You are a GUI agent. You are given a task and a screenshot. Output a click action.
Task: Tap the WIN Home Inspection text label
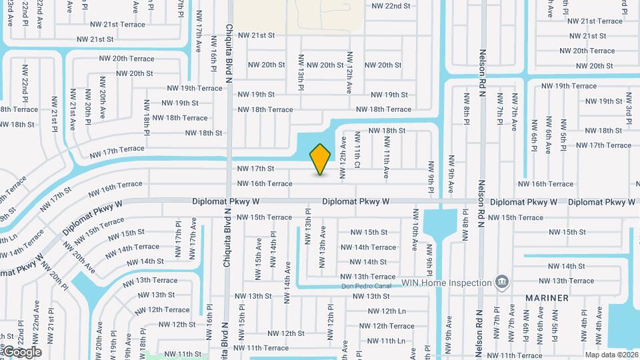pyautogui.click(x=446, y=283)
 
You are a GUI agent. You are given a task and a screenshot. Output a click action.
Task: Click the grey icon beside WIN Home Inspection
pyautogui.click(x=502, y=282)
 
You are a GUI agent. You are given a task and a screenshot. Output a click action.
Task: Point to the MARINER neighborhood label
pyautogui.click(x=547, y=298)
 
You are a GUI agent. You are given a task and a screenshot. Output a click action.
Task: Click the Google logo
pyautogui.click(x=21, y=352)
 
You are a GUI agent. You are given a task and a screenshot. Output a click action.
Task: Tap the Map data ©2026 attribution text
pyautogui.click(x=611, y=355)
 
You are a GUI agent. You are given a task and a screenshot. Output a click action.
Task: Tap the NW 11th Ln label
pyautogui.click(x=386, y=341)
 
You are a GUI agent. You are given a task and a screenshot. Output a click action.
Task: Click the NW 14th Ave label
pyautogui.click(x=288, y=283)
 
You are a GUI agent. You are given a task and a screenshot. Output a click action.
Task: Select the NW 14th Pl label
pyautogui.click(x=273, y=248)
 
